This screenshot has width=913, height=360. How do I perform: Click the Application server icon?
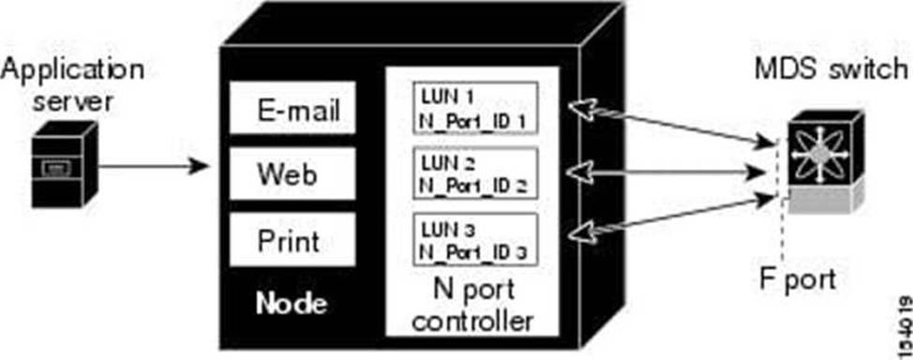click(65, 164)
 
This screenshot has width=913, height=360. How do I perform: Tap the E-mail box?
click(292, 108)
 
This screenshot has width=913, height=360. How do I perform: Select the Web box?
click(292, 173)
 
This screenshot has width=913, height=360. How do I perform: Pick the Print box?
click(292, 239)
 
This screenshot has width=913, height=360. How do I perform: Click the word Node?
click(292, 304)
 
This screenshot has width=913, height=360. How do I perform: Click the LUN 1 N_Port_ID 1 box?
click(474, 109)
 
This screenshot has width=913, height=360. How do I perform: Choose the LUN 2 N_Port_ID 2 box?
click(474, 173)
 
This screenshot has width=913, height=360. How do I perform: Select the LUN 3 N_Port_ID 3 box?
click(474, 239)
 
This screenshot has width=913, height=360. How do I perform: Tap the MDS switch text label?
click(831, 69)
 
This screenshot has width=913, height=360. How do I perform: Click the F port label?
click(799, 280)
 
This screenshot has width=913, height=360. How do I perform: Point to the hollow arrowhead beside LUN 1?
click(582, 109)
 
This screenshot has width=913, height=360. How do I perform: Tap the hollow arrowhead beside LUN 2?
click(580, 172)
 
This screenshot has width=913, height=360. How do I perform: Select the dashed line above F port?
click(782, 202)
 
